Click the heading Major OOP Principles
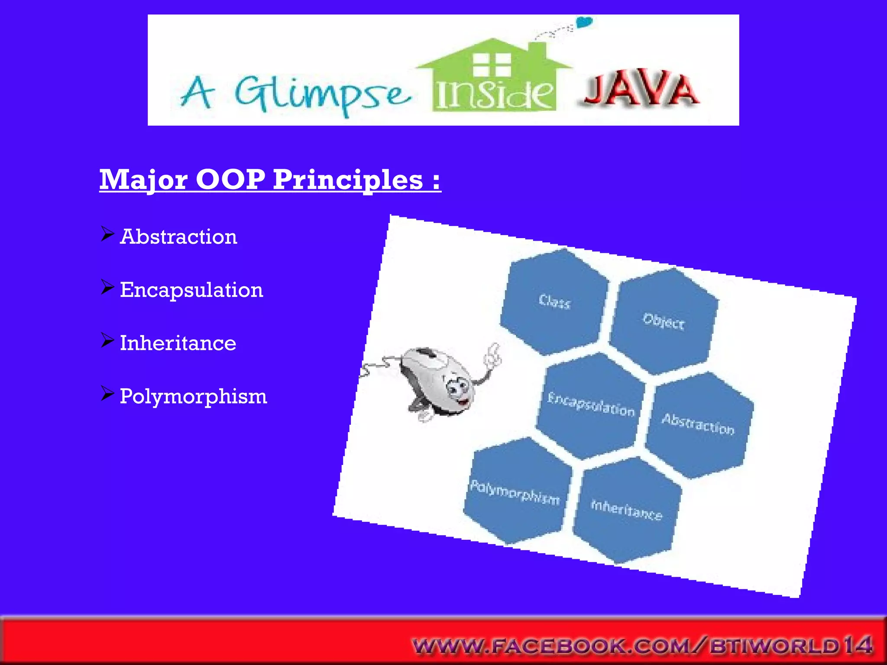[269, 179]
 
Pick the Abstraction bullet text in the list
[178, 237]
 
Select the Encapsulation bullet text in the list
[191, 290]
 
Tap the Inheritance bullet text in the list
[178, 343]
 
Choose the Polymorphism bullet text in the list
[193, 397]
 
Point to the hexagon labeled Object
[664, 321]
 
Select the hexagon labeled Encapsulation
[591, 405]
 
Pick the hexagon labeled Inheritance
[626, 510]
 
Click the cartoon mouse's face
[457, 390]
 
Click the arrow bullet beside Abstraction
[107, 234]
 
